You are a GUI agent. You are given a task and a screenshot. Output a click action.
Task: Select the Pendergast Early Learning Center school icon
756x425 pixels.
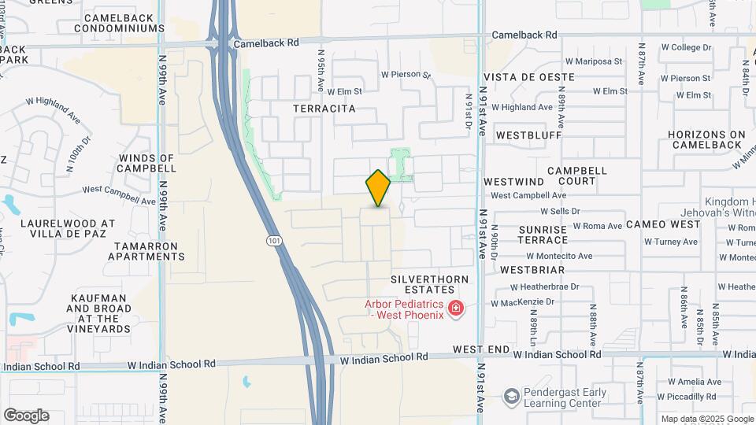pos(513,394)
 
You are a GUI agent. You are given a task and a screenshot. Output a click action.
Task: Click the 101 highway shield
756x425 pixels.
pos(273,239)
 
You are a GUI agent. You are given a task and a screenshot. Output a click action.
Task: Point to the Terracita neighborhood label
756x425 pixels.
pos(324,109)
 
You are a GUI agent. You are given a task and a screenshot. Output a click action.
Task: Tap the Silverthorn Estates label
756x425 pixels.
pos(429,284)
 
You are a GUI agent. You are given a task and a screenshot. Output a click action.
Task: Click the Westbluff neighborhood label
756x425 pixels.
pos(528,135)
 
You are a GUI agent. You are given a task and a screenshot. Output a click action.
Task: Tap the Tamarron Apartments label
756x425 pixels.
pos(146,251)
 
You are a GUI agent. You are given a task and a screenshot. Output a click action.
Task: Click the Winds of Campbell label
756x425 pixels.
pos(146,163)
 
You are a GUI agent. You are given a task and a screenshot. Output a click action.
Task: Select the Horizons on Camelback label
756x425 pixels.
pos(706,139)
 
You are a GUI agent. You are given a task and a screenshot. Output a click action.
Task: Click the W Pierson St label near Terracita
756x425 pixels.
pos(406,76)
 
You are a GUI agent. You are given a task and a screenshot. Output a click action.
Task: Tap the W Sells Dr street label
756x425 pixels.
pos(560,211)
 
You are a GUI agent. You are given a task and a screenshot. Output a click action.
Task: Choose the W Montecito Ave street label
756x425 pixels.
pos(559,256)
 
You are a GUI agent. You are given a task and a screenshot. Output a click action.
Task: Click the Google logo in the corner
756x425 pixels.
pos(26,416)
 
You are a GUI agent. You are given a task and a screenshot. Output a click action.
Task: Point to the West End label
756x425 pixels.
pos(481,349)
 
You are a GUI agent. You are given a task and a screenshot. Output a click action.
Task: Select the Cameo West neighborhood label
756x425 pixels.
pos(663,224)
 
